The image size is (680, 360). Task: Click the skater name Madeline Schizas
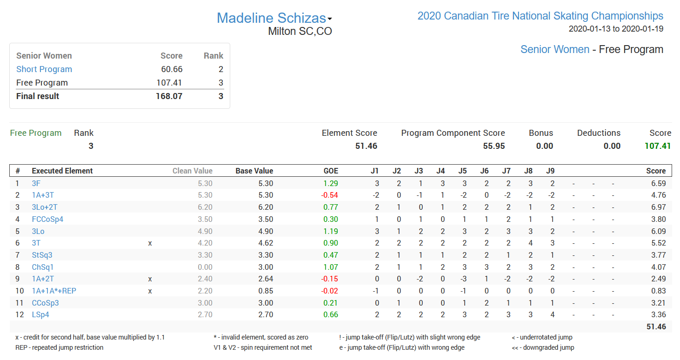point(271,18)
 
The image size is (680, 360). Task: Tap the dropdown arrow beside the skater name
point(330,19)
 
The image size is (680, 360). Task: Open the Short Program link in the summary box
point(44,69)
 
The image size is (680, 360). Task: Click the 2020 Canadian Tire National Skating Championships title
point(540,16)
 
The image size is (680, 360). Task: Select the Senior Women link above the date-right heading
point(554,49)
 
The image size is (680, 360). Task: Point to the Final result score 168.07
point(169,96)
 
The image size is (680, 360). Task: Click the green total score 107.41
point(657,146)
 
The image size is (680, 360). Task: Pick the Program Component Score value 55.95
point(493,146)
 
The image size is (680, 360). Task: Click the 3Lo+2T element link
point(45,207)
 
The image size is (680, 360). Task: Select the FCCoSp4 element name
point(47,219)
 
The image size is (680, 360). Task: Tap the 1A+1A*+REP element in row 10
point(54,291)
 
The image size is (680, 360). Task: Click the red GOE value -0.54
point(330,195)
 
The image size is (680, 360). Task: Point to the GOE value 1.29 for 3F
point(331,183)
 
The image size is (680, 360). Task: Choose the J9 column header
point(550,171)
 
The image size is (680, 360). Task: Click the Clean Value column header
point(192,171)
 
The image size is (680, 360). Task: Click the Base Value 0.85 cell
point(266,291)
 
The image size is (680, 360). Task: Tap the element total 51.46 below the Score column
point(656,327)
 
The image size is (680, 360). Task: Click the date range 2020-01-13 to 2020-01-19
point(616,29)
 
